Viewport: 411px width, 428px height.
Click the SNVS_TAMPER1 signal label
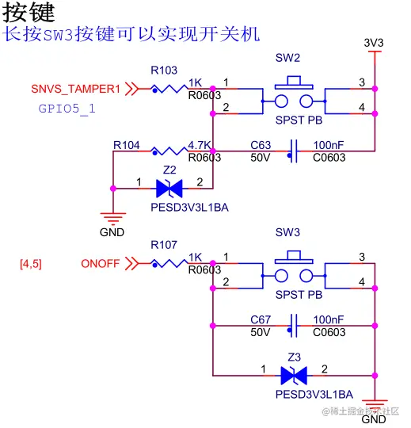click(x=76, y=89)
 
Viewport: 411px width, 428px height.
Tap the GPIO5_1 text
click(x=67, y=109)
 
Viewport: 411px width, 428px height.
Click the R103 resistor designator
click(x=164, y=70)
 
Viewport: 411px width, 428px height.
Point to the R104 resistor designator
click(x=127, y=145)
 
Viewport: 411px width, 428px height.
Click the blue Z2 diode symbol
click(x=169, y=188)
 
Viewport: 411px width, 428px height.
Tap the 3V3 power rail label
click(x=374, y=42)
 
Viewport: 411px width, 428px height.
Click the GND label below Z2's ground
click(x=112, y=232)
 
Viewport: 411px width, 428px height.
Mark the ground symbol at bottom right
click(x=374, y=404)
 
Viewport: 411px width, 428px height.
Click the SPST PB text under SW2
click(x=299, y=120)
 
